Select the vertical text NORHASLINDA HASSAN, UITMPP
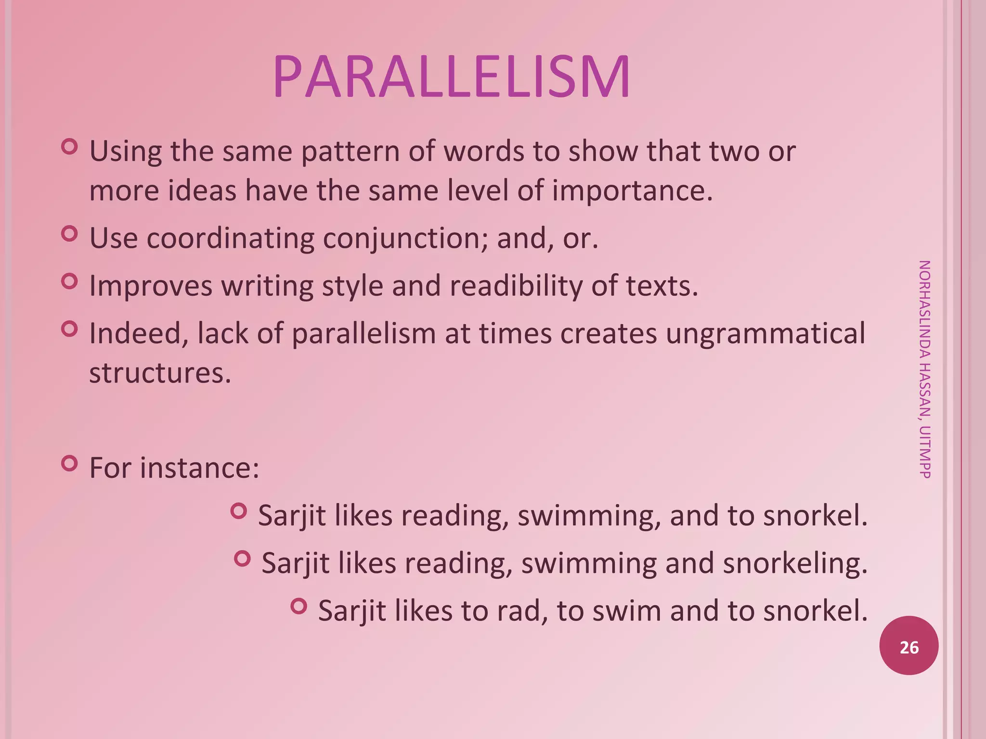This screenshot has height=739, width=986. pyautogui.click(x=924, y=369)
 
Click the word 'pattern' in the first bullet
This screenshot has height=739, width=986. pyautogui.click(x=350, y=152)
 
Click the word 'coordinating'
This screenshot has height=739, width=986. pyautogui.click(x=230, y=239)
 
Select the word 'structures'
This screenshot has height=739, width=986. pyautogui.click(x=160, y=373)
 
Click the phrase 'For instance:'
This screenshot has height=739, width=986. pyautogui.click(x=174, y=468)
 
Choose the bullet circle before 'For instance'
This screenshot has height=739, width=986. pyautogui.click(x=70, y=463)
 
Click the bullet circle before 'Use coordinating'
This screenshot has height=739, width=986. pyautogui.click(x=70, y=234)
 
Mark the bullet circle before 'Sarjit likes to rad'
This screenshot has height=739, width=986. pyautogui.click(x=299, y=606)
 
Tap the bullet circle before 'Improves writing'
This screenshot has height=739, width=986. pyautogui.click(x=70, y=281)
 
